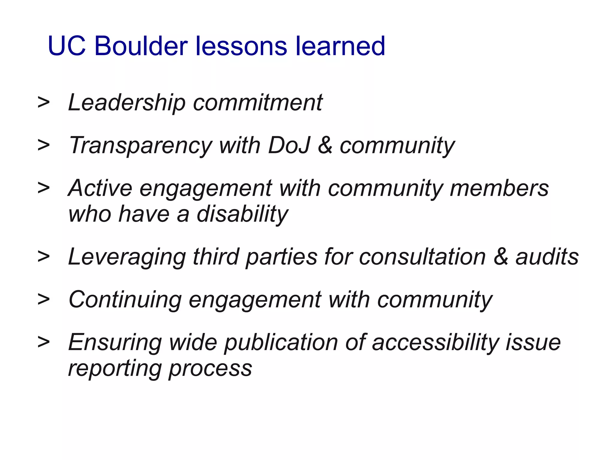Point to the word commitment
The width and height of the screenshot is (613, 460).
point(258,103)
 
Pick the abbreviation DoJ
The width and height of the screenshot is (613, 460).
point(289,145)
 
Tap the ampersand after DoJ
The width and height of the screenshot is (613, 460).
point(325,145)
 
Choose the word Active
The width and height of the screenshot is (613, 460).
point(100,188)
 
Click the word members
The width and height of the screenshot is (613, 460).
point(499,188)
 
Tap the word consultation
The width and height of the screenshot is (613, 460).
point(422,257)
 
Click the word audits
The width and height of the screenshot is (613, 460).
point(547,257)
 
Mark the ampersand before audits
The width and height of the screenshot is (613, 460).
point(501,257)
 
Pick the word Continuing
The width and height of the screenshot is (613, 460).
point(125,300)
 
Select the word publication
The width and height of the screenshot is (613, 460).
point(281,343)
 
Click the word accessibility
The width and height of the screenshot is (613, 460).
point(435,343)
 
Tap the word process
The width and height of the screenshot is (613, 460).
point(210,368)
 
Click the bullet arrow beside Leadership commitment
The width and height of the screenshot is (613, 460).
point(44,103)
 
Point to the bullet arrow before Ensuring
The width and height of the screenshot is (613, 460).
point(44,342)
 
